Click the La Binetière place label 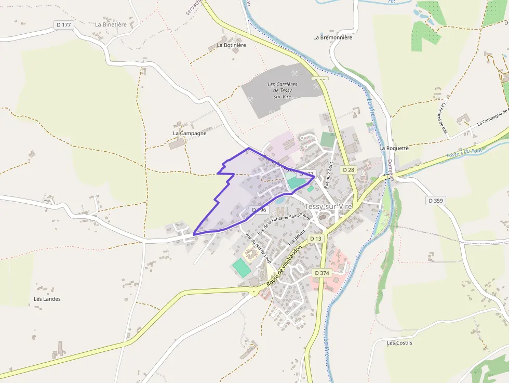111,24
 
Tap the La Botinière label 231,45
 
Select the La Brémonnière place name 332,37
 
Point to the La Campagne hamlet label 190,133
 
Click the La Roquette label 394,148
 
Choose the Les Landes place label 47,299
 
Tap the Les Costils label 399,343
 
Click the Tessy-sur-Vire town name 328,206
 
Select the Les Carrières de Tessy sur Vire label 282,90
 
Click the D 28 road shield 348,170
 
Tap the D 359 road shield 436,200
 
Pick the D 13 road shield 315,239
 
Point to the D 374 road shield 322,273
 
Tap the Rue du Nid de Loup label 258,248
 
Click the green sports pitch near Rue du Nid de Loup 240,268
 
